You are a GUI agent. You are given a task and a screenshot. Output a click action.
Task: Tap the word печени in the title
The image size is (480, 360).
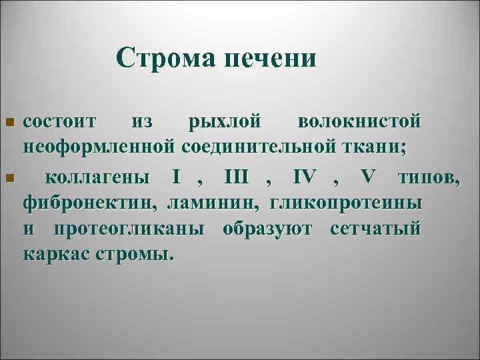(x=270, y=59)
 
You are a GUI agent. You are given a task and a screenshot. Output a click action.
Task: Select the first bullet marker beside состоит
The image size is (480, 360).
(x=9, y=123)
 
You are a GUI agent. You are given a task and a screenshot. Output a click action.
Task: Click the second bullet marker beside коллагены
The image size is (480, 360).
(x=9, y=178)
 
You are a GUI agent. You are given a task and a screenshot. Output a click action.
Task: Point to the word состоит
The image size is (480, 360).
(x=60, y=122)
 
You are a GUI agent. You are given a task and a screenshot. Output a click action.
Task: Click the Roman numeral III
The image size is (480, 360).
(x=236, y=178)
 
